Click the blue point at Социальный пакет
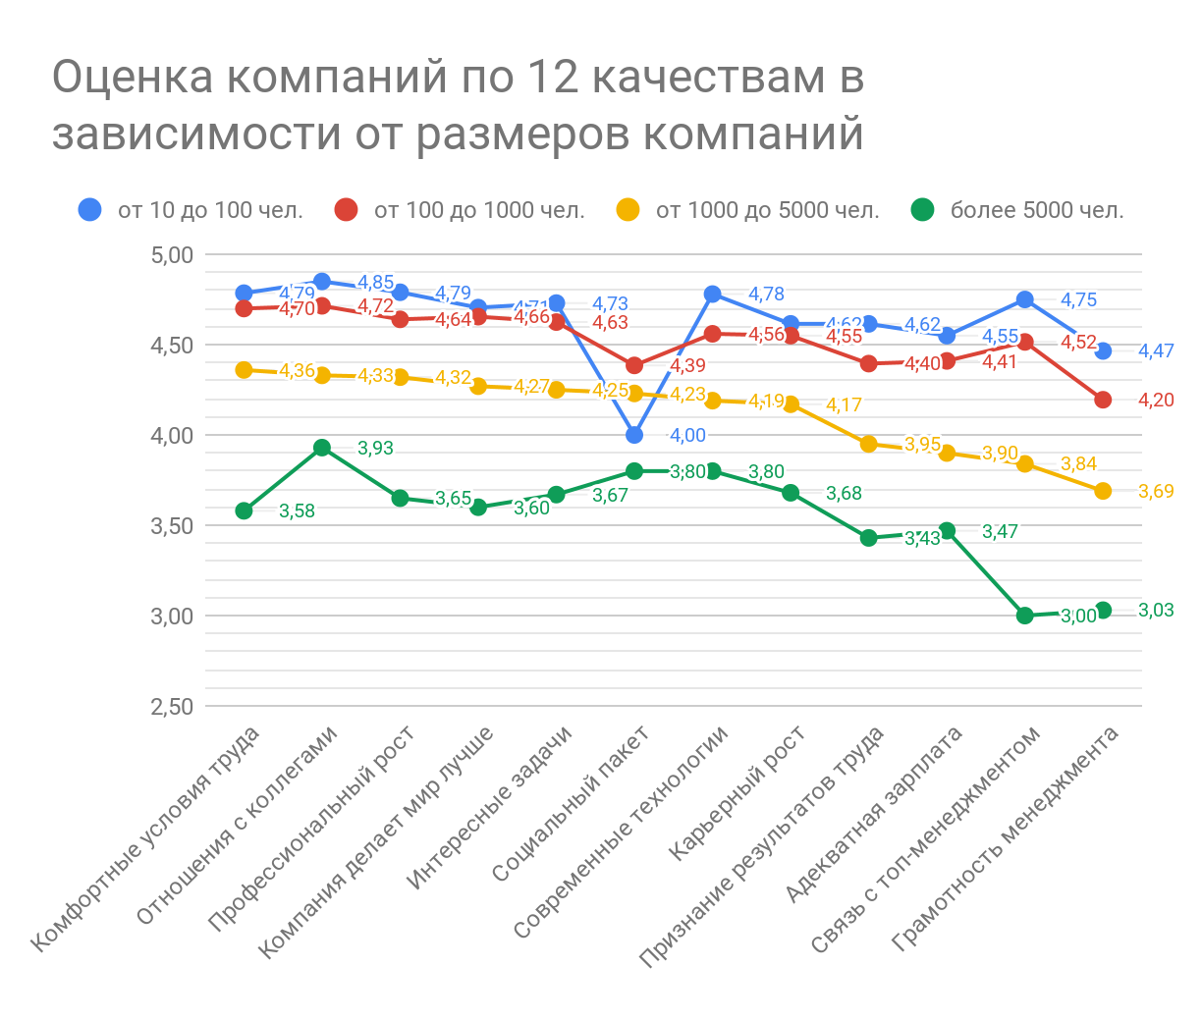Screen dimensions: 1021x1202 pos(634,435)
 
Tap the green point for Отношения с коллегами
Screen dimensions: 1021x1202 pos(322,448)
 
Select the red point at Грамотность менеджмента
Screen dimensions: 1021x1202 pos(1103,400)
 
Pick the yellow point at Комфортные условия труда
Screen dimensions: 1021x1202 pos(245,370)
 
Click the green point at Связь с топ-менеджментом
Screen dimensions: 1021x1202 pos(1025,616)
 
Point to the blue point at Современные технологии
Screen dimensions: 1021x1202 pos(713,295)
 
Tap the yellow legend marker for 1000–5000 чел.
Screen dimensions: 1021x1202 pos(627,210)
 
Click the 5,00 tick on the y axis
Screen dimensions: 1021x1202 pos(173,255)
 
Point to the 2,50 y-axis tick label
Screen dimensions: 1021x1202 pos(173,707)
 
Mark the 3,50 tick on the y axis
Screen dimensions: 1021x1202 pos(173,526)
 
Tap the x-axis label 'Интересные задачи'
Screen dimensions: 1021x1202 pos(491,807)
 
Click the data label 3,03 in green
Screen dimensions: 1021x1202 pos(1156,611)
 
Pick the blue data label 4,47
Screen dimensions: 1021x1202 pos(1156,351)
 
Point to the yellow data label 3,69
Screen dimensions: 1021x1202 pos(1156,492)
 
